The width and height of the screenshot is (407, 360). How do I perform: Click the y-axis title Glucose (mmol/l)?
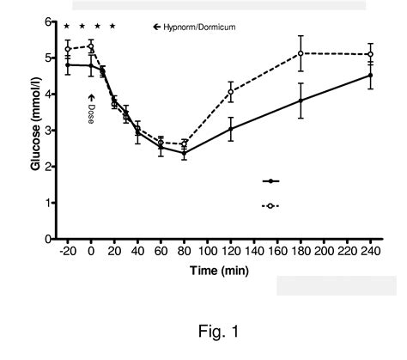click(37, 129)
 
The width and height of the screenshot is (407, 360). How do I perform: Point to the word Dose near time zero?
click(91, 115)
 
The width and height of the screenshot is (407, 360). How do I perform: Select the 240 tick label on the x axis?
click(370, 252)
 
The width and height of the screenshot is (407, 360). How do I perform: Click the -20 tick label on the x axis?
click(66, 252)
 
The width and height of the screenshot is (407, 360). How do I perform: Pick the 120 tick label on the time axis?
click(231, 252)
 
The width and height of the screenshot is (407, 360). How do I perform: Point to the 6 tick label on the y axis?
click(49, 21)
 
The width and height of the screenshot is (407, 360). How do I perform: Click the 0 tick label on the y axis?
click(49, 239)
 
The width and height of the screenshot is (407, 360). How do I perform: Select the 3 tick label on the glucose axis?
click(49, 131)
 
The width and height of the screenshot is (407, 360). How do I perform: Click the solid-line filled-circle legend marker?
click(271, 181)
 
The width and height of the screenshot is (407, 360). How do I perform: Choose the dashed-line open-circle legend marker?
click(271, 206)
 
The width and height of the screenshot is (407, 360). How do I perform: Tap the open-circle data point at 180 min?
click(301, 53)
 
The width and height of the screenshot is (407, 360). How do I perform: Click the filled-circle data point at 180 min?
click(301, 101)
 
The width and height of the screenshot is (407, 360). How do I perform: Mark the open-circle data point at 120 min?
click(231, 91)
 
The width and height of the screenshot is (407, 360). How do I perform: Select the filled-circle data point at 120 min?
click(231, 129)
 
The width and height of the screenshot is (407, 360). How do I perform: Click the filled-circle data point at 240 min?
click(370, 76)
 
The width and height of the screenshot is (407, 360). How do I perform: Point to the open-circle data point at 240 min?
click(370, 54)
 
